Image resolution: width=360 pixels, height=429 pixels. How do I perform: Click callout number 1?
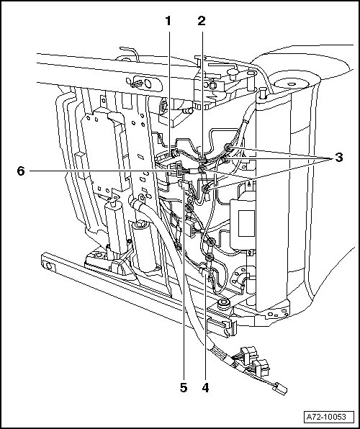pyautogui.click(x=168, y=21)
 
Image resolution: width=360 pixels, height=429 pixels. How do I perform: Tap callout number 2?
pyautogui.click(x=202, y=21)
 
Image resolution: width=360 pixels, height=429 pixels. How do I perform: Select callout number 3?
pyautogui.click(x=339, y=158)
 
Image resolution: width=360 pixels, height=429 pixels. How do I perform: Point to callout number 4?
pyautogui.click(x=206, y=388)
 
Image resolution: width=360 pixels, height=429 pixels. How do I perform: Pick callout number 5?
pyautogui.click(x=184, y=388)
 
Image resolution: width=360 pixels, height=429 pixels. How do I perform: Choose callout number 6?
pyautogui.click(x=21, y=171)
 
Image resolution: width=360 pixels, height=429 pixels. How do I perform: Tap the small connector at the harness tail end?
pyautogui.click(x=280, y=388)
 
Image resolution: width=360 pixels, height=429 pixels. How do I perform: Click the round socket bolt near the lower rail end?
pyautogui.click(x=224, y=304)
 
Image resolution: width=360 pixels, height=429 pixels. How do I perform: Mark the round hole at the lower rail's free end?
pyautogui.click(x=49, y=266)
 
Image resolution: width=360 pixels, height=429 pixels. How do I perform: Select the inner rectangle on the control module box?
pyautogui.click(x=246, y=224)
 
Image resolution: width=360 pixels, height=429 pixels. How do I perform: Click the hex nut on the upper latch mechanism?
pyautogui.click(x=212, y=85)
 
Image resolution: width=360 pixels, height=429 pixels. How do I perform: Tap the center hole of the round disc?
pyautogui.click(x=292, y=84)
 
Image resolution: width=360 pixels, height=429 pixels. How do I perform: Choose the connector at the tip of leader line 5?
pyautogui.click(x=184, y=184)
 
